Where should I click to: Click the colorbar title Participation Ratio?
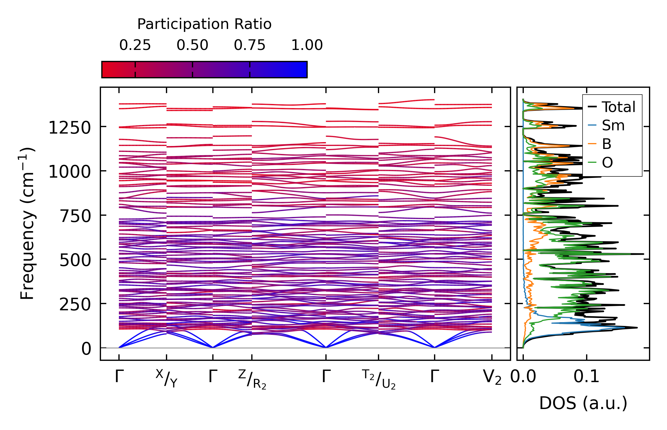tap(204, 24)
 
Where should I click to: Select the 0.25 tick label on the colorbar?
tap(135, 45)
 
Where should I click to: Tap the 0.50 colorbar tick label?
tap(193, 45)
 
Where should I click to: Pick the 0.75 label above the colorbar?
tap(250, 45)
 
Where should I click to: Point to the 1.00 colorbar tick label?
tap(307, 45)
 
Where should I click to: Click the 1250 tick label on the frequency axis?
tap(69, 128)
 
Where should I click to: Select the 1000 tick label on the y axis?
tap(69, 172)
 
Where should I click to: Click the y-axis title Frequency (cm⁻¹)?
tap(27, 223)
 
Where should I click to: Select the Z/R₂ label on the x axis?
tap(252, 379)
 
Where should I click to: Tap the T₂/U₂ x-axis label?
tap(379, 379)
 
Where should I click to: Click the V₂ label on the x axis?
tap(492, 377)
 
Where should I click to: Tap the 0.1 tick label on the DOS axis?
tap(586, 377)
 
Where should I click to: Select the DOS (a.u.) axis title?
tap(583, 403)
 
